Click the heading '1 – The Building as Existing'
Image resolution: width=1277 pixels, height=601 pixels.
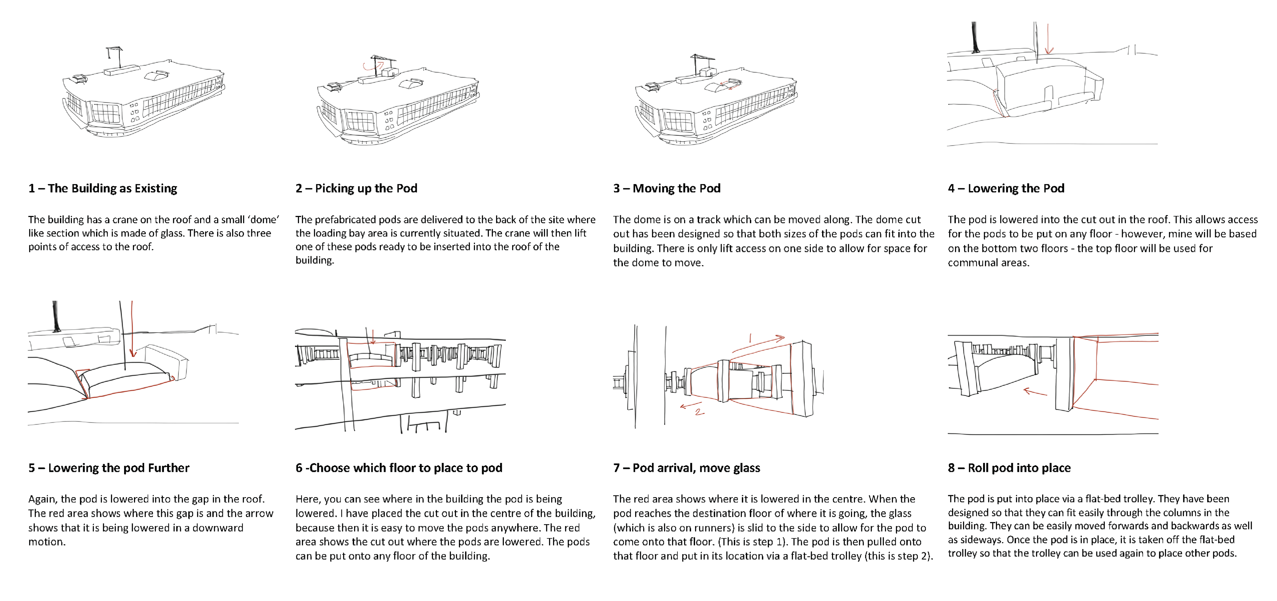click(x=103, y=188)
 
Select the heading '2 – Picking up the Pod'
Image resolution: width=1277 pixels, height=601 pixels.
click(x=356, y=188)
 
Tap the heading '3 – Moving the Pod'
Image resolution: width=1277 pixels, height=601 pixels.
click(x=667, y=188)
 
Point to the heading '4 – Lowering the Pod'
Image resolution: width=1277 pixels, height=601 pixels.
click(x=1006, y=188)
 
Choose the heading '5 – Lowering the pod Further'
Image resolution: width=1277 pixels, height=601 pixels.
click(x=108, y=468)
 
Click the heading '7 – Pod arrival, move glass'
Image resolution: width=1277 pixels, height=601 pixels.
click(x=687, y=468)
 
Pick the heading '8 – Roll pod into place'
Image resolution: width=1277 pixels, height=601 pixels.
click(x=1009, y=468)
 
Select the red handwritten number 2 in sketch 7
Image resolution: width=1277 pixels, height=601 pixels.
click(x=699, y=412)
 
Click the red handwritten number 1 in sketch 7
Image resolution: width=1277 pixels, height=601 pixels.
click(x=750, y=339)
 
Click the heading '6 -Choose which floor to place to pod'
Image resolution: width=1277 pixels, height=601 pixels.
click(x=399, y=468)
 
